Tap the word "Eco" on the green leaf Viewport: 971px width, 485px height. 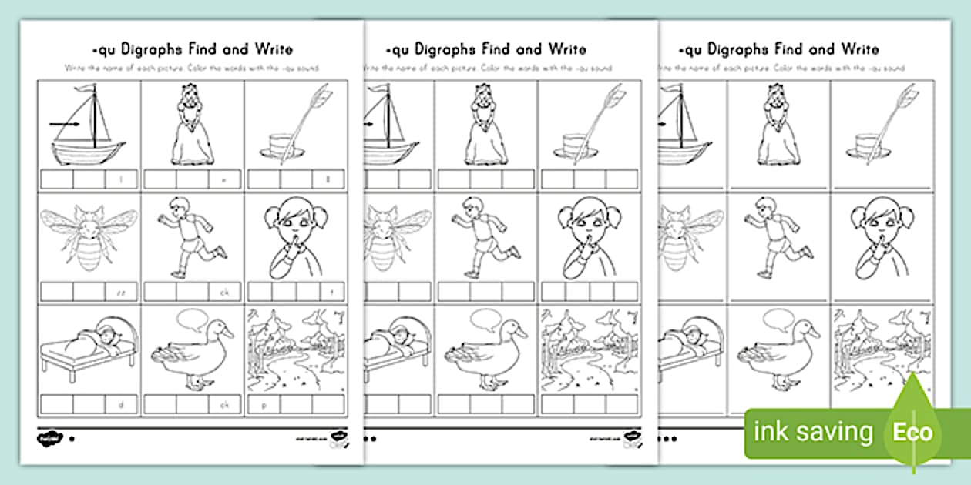[912, 432]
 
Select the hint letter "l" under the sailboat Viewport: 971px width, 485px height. [123, 180]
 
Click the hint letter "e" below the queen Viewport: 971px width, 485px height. [226, 180]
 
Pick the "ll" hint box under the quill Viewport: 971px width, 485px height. [329, 180]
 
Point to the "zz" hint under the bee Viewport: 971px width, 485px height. [122, 292]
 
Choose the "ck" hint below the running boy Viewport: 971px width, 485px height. [225, 292]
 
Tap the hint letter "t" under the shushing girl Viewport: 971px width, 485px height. [328, 292]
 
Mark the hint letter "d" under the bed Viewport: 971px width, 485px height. [123, 403]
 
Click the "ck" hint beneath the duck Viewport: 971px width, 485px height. [225, 403]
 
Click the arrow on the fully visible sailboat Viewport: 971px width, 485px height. [66, 122]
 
